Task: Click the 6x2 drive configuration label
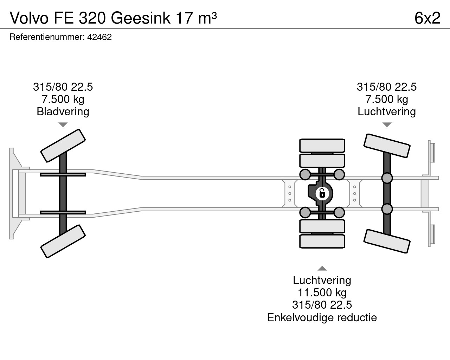pyautogui.click(x=427, y=18)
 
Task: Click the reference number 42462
pyautogui.click(x=99, y=37)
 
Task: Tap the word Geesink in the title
pyautogui.click(x=141, y=18)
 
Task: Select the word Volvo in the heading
pyautogui.click(x=29, y=18)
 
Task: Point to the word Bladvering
pyautogui.click(x=63, y=111)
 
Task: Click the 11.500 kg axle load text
pyautogui.click(x=322, y=292)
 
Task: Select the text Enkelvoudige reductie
pyautogui.click(x=322, y=317)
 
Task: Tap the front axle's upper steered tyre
pyautogui.click(x=63, y=146)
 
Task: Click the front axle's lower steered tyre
pyautogui.click(x=63, y=241)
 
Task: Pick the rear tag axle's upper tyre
pyautogui.click(x=387, y=146)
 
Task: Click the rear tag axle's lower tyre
pyautogui.click(x=387, y=242)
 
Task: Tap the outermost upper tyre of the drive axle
pyautogui.click(x=322, y=146)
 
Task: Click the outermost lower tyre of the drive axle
pyautogui.click(x=322, y=241)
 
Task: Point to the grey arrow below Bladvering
pyautogui.click(x=63, y=125)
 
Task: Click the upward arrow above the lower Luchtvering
pyautogui.click(x=322, y=268)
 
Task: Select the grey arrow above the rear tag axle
pyautogui.click(x=387, y=125)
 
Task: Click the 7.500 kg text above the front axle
pyautogui.click(x=63, y=99)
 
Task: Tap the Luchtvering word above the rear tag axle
pyautogui.click(x=387, y=111)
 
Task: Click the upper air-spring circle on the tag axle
pyautogui.click(x=387, y=178)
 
